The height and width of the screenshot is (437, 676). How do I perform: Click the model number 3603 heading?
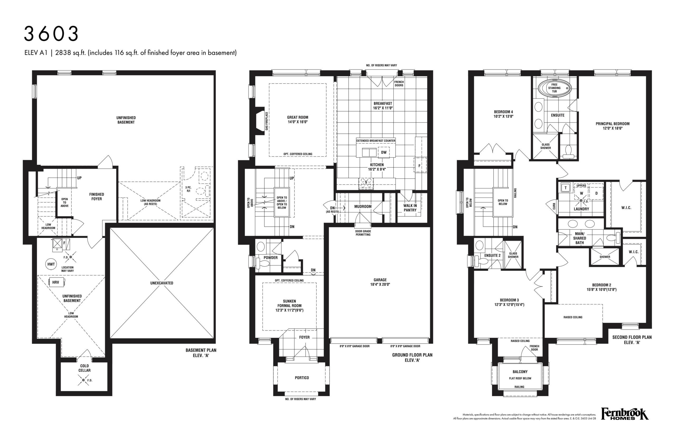(x=51, y=34)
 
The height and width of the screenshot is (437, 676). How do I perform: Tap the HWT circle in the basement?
(x=51, y=264)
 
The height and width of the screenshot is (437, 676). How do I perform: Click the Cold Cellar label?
(x=84, y=368)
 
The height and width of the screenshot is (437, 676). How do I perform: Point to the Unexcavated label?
(x=162, y=283)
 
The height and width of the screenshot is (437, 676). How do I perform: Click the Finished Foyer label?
(x=97, y=196)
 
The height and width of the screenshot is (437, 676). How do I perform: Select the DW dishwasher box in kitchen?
(x=384, y=152)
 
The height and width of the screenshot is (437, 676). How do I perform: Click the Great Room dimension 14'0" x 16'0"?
(x=298, y=122)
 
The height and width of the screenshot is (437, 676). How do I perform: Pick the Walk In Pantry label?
(x=410, y=208)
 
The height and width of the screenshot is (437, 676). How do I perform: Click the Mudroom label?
(x=363, y=207)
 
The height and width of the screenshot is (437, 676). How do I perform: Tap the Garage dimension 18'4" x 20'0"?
(x=380, y=284)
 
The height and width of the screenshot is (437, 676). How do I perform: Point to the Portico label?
(x=302, y=378)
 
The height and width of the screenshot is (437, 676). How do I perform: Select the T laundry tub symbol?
(x=566, y=188)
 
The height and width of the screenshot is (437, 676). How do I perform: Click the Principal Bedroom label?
(x=612, y=124)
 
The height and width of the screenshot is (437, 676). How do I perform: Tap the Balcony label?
(x=520, y=372)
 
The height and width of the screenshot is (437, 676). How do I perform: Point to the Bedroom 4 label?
(x=503, y=112)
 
